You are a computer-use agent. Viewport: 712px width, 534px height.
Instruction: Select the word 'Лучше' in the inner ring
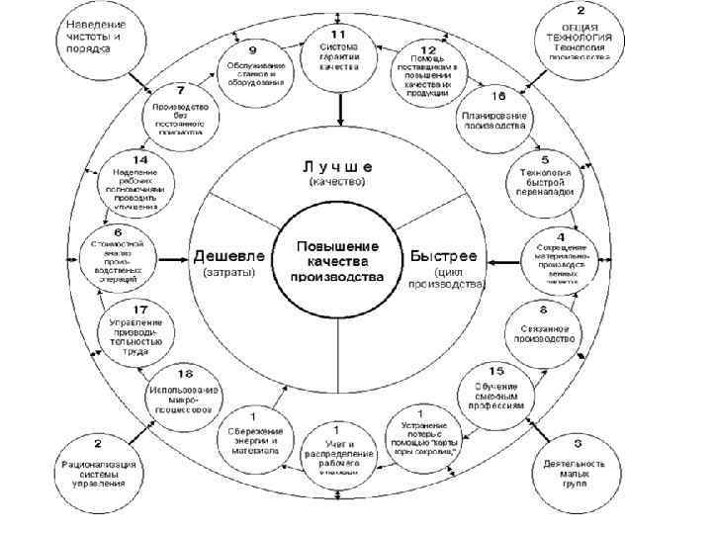click(337, 165)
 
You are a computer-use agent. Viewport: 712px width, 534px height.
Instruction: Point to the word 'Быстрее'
click(443, 255)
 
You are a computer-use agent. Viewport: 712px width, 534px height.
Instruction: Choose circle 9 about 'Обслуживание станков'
click(255, 66)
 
